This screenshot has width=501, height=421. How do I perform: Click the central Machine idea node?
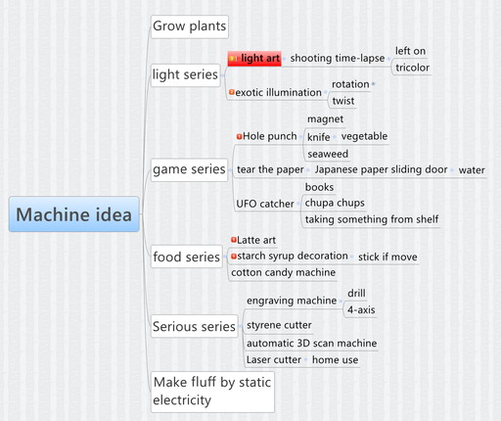click(x=74, y=214)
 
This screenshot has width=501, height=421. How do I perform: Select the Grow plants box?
click(x=190, y=26)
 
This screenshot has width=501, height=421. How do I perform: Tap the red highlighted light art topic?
click(x=254, y=59)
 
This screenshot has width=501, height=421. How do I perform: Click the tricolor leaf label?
click(x=412, y=68)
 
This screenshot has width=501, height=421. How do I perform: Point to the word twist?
click(x=343, y=101)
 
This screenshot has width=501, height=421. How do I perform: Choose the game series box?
click(x=189, y=169)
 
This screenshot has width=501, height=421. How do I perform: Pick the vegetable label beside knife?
click(x=364, y=136)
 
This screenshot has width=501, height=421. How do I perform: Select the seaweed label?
click(x=328, y=154)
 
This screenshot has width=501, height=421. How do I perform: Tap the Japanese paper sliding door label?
click(x=381, y=169)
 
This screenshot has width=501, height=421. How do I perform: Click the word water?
click(x=472, y=170)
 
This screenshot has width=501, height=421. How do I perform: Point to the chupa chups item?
click(x=335, y=203)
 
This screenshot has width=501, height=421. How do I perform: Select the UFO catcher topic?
click(x=265, y=204)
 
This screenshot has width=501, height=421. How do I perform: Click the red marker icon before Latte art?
click(x=234, y=240)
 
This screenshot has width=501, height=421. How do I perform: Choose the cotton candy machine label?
click(x=283, y=272)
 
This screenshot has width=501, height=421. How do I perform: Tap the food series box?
click(x=187, y=257)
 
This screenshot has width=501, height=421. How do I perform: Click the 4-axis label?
click(x=361, y=309)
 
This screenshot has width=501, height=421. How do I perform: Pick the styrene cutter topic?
click(x=279, y=325)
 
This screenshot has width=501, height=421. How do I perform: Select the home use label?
click(x=335, y=359)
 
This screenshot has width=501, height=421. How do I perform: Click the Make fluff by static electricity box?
click(x=212, y=392)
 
